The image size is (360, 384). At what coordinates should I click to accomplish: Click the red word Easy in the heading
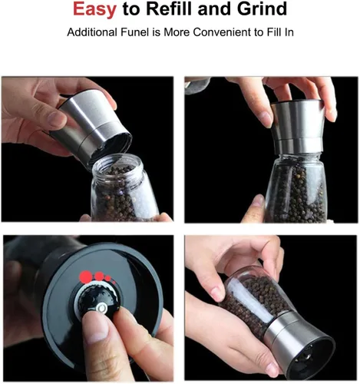tap(94, 9)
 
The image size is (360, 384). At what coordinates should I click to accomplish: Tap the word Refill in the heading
tap(169, 8)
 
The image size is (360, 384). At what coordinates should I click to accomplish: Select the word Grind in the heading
tap(262, 8)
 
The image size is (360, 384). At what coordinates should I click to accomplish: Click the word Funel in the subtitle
tap(134, 32)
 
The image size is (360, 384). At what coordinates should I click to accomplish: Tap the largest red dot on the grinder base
tap(85, 276)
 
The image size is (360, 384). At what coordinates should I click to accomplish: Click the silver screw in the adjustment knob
tap(102, 308)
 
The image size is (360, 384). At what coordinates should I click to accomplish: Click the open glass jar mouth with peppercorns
tap(117, 166)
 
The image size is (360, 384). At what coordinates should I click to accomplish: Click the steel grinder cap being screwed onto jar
tap(298, 126)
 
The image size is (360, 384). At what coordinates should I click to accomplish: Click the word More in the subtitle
tap(177, 32)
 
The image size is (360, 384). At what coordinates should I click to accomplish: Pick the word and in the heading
tap(215, 8)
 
